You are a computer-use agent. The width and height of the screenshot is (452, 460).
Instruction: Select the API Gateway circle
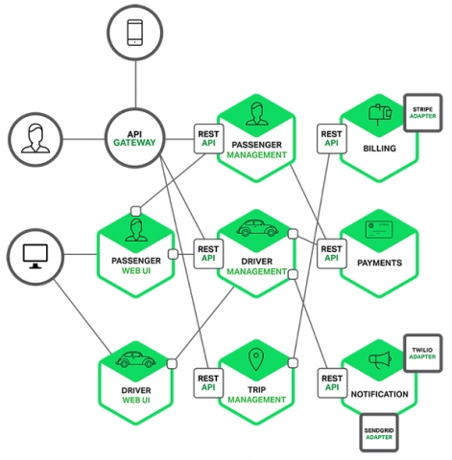coord(135,141)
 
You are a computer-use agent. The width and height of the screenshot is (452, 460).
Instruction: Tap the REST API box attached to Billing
coord(330,139)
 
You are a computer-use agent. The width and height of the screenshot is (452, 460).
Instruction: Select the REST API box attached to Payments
coord(330,252)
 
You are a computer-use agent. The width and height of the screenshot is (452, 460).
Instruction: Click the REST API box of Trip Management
coord(208,382)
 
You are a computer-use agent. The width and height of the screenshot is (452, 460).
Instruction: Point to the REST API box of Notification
coord(330,380)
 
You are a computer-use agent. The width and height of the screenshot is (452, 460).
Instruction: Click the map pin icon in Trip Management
coord(256,360)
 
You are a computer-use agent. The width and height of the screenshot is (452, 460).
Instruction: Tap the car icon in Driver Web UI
coord(135,360)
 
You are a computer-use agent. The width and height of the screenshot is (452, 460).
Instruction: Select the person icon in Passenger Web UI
coord(135,230)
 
